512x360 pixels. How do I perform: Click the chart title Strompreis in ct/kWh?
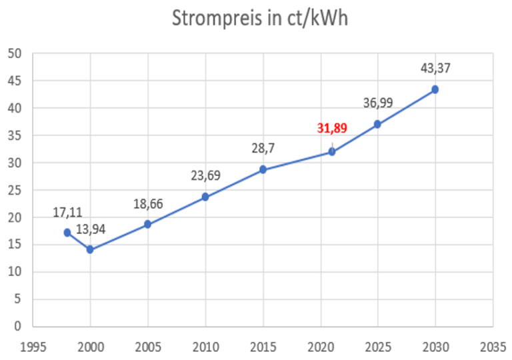[260, 18]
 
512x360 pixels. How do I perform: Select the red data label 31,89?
[331, 128]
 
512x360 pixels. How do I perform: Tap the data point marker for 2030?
[435, 89]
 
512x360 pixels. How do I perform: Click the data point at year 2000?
[90, 250]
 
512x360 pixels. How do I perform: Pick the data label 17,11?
[67, 213]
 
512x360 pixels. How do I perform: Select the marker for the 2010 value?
[205, 197]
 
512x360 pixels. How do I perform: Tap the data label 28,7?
[263, 148]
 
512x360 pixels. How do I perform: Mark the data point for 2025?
[377, 124]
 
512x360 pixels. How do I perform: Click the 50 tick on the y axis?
[13, 53]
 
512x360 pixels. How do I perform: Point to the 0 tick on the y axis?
[17, 326]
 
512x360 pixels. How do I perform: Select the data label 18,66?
[148, 203]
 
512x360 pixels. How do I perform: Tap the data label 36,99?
[377, 103]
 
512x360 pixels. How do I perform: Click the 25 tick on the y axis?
[13, 190]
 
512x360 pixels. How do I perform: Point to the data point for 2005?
[147, 224]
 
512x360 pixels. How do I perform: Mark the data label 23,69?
[205, 176]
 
